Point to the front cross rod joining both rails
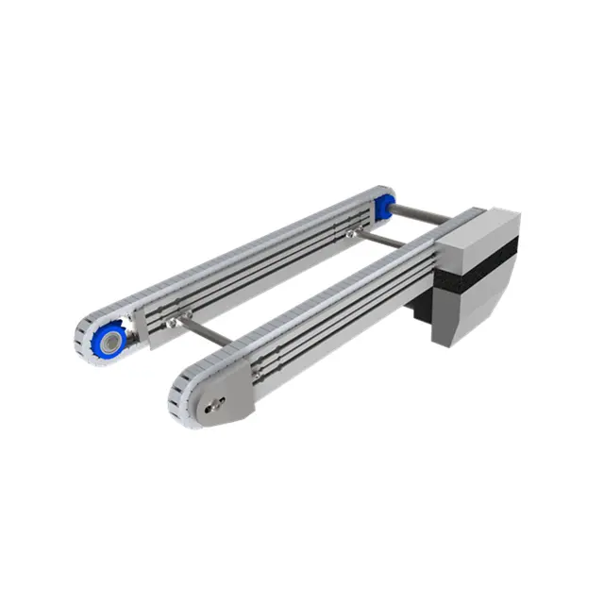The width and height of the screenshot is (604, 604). click(x=204, y=331)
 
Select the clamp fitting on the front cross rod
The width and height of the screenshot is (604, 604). click(x=174, y=323)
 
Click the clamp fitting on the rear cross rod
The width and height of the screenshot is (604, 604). click(x=352, y=229)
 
